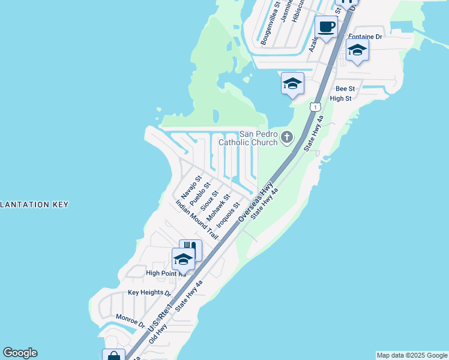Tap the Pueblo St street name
[x=200, y=194]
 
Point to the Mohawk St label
[x=218, y=207]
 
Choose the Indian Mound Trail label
[x=197, y=220]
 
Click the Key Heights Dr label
[x=149, y=293]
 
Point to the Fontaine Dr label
[x=365, y=37]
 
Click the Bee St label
[x=345, y=89]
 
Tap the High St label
[x=340, y=98]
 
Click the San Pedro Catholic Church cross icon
[x=287, y=138]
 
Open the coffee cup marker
[x=326, y=27]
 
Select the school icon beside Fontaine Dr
[x=357, y=50]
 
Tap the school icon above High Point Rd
[x=183, y=259]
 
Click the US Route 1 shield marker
[x=315, y=106]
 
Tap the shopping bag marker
[x=113, y=356]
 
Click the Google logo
[x=20, y=353]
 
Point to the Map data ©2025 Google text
[x=412, y=355]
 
